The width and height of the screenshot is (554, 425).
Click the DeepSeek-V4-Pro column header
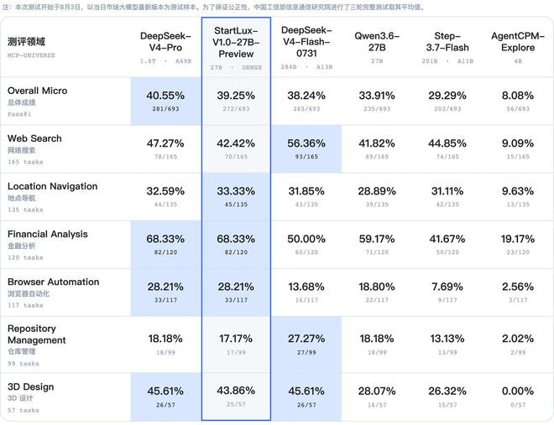tap(165, 42)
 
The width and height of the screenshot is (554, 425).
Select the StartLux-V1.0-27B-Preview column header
tap(236, 42)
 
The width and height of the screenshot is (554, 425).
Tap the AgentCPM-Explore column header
tap(518, 42)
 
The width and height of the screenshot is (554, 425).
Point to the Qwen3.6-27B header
tap(377, 42)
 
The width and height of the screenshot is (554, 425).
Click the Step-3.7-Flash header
tap(447, 42)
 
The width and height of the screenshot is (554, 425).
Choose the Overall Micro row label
tap(37, 91)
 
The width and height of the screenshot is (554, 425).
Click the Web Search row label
tap(34, 138)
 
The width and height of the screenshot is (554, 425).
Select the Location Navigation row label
tap(52, 186)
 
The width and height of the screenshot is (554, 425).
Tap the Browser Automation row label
tap(54, 282)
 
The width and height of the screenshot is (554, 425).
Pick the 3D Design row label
tap(31, 387)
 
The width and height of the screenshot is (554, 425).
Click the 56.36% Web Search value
tap(306, 143)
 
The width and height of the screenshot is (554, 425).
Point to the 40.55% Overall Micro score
tap(165, 96)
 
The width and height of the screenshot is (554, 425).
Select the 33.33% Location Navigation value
tap(236, 191)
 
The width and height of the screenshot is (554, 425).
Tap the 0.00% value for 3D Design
tap(518, 391)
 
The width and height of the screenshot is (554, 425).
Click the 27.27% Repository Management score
tap(306, 339)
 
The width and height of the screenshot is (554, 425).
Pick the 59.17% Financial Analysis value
tap(377, 239)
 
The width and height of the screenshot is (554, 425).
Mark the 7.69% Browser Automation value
tap(447, 287)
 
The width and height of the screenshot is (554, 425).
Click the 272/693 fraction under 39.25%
tap(236, 109)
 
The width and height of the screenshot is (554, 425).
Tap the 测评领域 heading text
tap(26, 42)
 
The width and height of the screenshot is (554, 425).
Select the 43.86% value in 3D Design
tap(236, 391)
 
